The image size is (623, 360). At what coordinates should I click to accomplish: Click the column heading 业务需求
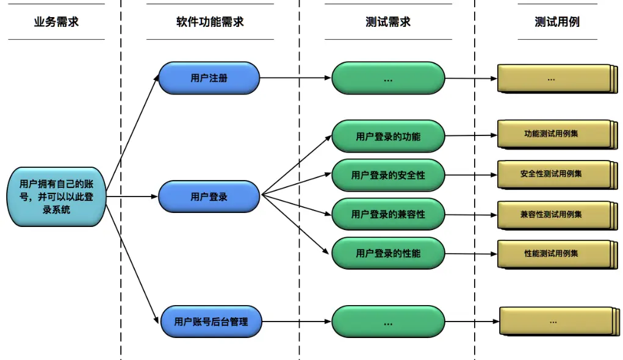[x=56, y=22]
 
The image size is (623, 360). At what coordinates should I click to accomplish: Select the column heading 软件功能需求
[x=210, y=22]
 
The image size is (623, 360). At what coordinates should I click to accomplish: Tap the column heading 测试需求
[x=388, y=22]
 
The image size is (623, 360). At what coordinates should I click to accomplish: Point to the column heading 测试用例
[x=556, y=22]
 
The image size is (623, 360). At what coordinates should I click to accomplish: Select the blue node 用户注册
[x=209, y=78]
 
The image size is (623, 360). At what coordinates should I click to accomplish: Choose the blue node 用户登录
[x=209, y=196]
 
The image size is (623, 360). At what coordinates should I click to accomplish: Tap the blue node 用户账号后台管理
[x=211, y=322]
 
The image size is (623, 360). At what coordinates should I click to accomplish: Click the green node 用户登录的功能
[x=388, y=136]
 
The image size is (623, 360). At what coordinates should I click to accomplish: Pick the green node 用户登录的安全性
[x=388, y=175]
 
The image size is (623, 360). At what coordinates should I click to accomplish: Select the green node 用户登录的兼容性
[x=388, y=214]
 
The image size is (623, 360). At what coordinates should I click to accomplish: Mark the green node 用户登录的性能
[x=388, y=253]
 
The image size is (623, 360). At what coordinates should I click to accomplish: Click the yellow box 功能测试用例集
[x=552, y=134]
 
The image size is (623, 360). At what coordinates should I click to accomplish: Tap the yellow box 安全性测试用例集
[x=552, y=174]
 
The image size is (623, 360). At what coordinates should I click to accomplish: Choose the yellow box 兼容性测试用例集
[x=552, y=214]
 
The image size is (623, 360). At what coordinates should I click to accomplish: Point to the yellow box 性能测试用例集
[x=552, y=253]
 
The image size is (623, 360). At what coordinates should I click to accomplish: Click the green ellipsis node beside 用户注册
[x=388, y=78]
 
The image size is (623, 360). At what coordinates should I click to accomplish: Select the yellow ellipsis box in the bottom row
[x=553, y=321]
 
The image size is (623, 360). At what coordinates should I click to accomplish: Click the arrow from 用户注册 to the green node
[x=296, y=78]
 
